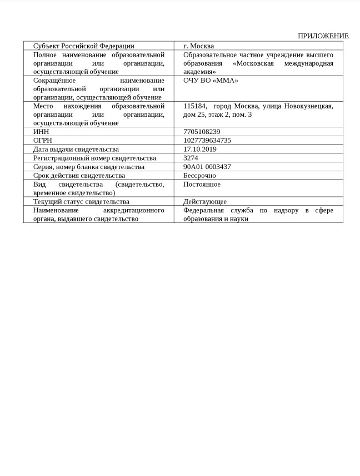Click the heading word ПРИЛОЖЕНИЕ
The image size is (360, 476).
tap(323, 36)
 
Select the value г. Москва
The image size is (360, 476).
tap(198, 46)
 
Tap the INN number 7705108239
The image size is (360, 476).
tap(202, 132)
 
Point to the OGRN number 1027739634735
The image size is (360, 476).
tap(207, 141)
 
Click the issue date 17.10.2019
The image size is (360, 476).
tap(200, 149)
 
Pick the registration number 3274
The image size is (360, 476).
tap(191, 158)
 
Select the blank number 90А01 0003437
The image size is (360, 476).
tap(207, 167)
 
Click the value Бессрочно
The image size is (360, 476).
tap(199, 176)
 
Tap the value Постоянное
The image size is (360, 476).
tap(202, 184)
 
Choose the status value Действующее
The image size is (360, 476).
tap(205, 202)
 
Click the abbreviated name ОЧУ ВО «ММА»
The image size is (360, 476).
tap(211, 81)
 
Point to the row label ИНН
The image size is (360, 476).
tap(41, 132)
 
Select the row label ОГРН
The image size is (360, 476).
tap(43, 141)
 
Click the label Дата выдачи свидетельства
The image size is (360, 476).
tap(76, 149)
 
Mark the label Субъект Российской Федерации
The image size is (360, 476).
tap(84, 46)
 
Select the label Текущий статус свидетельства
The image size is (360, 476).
tap(81, 202)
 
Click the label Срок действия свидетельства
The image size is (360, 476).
tap(79, 176)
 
